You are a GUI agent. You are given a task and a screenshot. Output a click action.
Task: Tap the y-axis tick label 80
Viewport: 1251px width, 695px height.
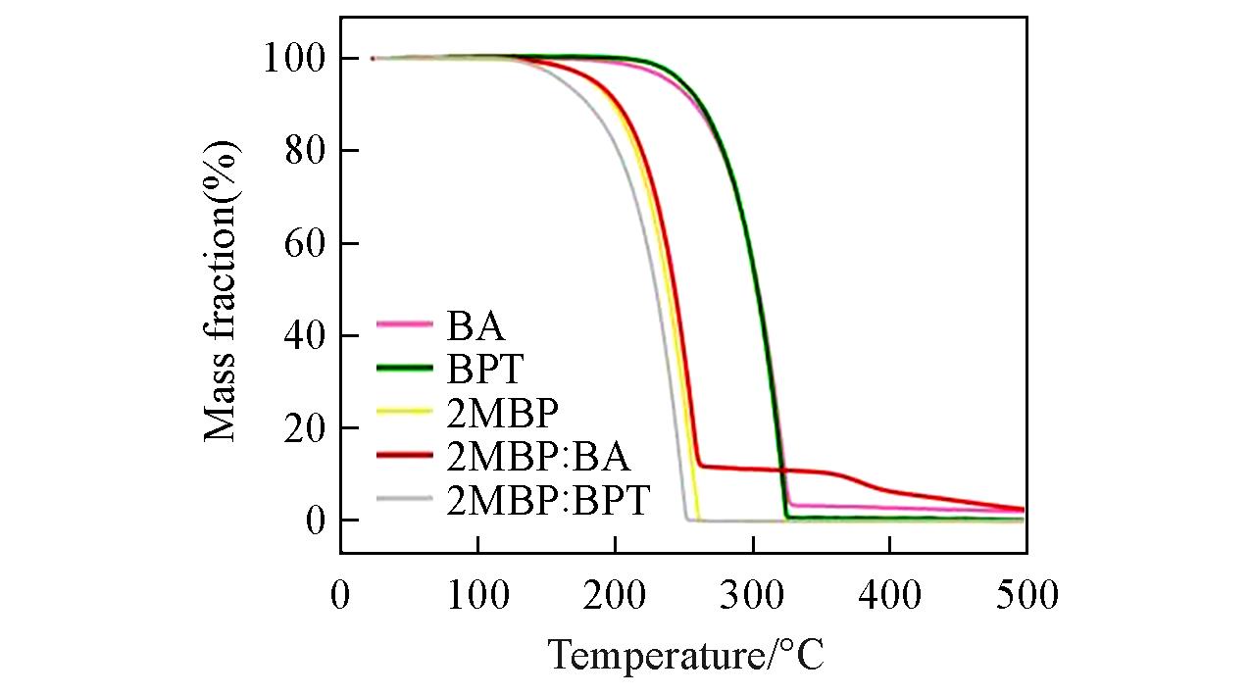click(304, 152)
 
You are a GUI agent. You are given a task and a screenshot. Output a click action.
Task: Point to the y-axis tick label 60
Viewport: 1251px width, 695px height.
click(304, 244)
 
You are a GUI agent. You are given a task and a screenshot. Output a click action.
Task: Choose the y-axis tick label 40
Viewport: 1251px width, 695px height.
click(304, 336)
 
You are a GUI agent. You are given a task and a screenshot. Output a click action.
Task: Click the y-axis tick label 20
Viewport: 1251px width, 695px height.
click(304, 428)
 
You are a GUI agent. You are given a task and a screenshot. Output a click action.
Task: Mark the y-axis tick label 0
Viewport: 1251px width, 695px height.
click(315, 521)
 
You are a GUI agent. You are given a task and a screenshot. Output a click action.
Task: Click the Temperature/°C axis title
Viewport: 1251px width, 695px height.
click(685, 655)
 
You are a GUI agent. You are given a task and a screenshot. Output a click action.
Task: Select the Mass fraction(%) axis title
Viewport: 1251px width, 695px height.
click(223, 291)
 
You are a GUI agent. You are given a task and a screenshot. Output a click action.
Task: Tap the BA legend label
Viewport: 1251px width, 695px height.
click(475, 323)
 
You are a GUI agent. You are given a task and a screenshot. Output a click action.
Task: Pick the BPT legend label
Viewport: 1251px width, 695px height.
click(486, 369)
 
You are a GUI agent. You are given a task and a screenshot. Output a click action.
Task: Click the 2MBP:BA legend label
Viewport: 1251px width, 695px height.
click(538, 456)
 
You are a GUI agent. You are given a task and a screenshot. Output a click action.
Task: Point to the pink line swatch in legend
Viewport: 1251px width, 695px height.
click(404, 323)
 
